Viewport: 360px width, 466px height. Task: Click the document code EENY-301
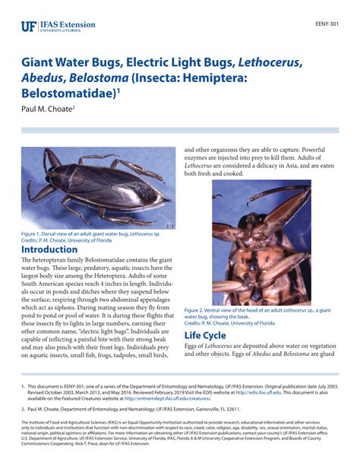[x=329, y=24]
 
